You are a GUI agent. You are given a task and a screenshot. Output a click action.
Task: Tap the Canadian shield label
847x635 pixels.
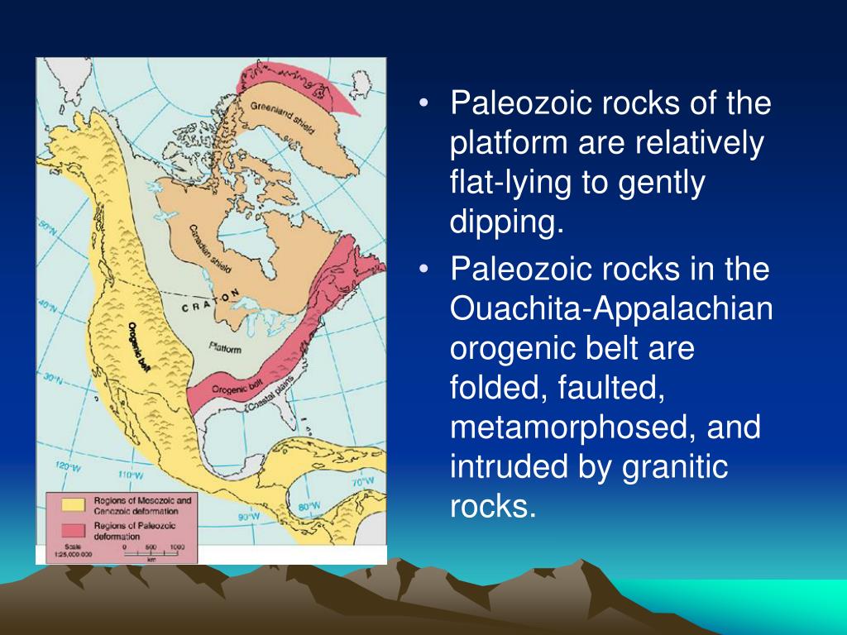[x=210, y=249]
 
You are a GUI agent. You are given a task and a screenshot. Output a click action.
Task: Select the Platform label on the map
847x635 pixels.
[x=225, y=349]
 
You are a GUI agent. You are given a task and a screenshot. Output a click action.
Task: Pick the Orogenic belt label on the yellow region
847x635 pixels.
[x=144, y=344]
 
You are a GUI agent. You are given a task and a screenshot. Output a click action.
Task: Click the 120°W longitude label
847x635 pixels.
[x=67, y=467]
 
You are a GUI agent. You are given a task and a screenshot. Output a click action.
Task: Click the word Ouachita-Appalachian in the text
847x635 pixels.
[x=611, y=309]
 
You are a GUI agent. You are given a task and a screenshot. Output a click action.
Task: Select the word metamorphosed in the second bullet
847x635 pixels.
[x=590, y=429]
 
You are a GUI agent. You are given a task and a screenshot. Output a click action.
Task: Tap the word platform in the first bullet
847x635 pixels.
[x=501, y=144]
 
